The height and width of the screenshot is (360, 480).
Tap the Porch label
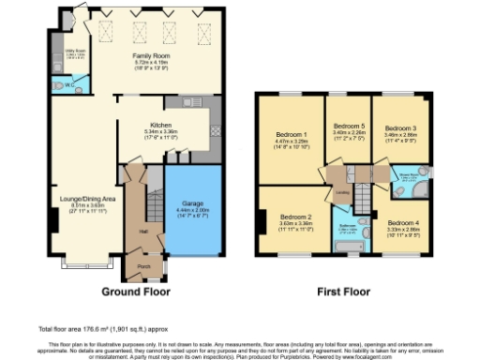point(144,265)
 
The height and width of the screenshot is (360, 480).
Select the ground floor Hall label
point(144,230)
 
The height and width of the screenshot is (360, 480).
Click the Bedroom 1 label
point(290,133)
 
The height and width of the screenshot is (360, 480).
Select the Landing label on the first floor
point(343,192)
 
